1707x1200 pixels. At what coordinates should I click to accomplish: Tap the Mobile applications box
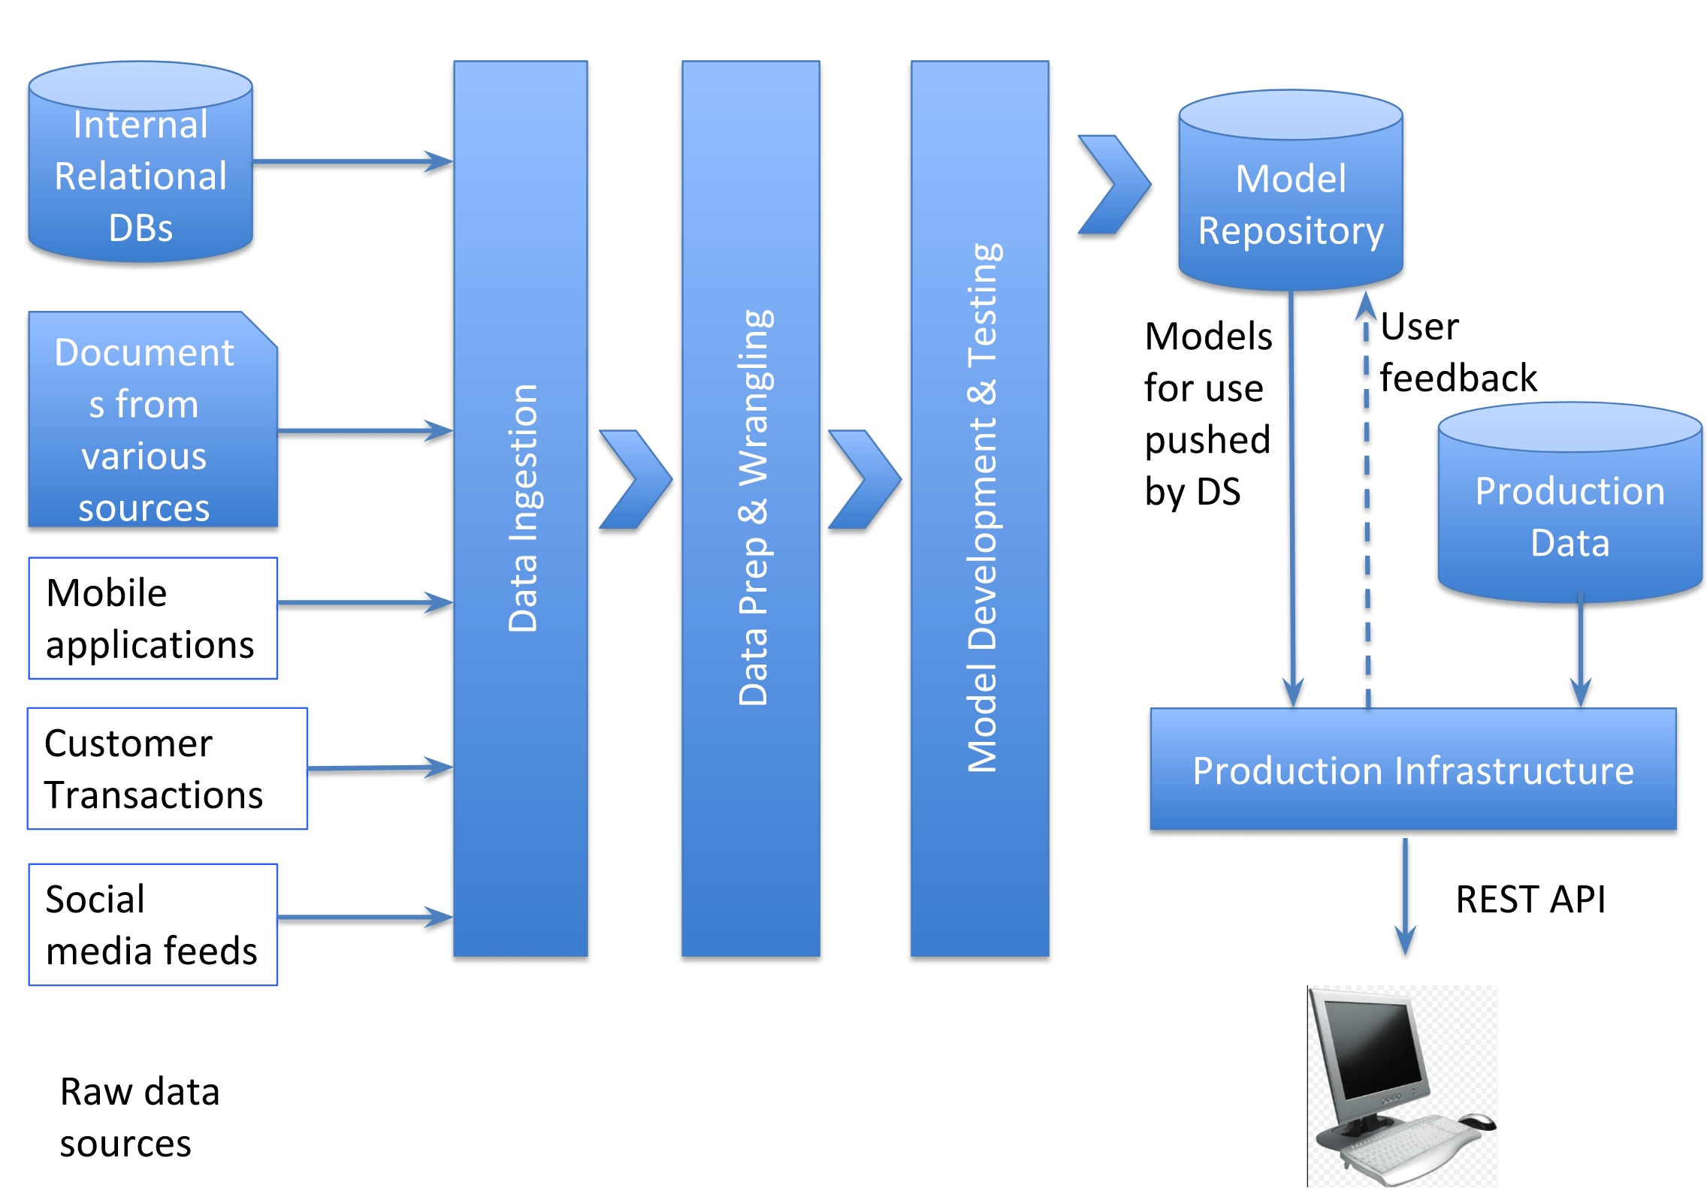pyautogui.click(x=153, y=617)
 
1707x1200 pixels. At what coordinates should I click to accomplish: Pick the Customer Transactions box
pyautogui.click(x=167, y=767)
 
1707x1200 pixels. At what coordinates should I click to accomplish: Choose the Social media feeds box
pyautogui.click(x=153, y=924)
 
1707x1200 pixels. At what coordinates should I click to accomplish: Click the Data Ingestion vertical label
pyautogui.click(x=522, y=508)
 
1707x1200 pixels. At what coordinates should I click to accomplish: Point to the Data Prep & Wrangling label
pyautogui.click(x=754, y=508)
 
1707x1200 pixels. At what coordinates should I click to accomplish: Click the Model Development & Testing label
pyautogui.click(x=982, y=508)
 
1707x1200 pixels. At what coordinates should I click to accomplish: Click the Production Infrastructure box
pyautogui.click(x=1412, y=770)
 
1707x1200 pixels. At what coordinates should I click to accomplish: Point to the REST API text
pyautogui.click(x=1530, y=899)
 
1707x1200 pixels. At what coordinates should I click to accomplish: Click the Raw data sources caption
pyautogui.click(x=139, y=1117)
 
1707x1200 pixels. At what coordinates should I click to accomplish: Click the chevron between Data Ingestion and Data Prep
pyautogui.click(x=636, y=479)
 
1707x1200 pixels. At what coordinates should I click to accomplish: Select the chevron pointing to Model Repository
pyautogui.click(x=1113, y=185)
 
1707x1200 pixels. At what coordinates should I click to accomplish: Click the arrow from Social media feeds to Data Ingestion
pyautogui.click(x=364, y=917)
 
